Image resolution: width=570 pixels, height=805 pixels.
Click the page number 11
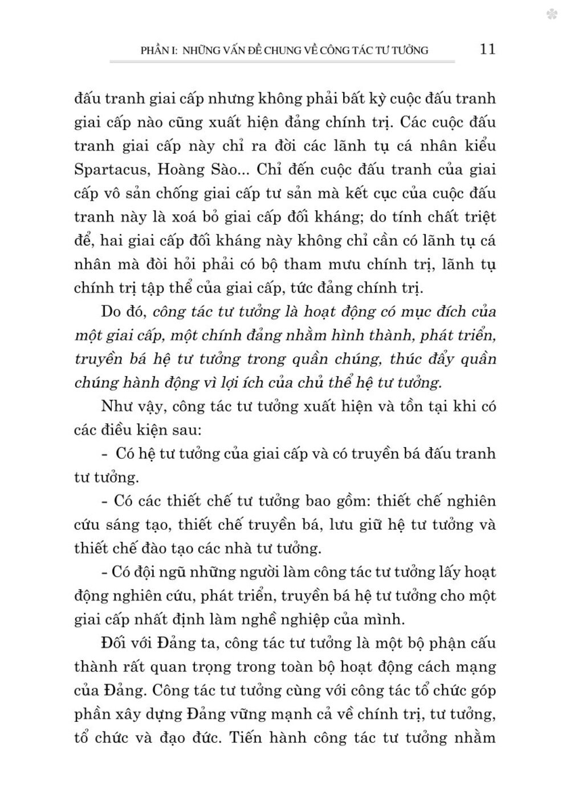tap(488, 49)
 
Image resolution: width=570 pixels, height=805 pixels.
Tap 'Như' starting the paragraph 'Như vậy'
tap(116, 406)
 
